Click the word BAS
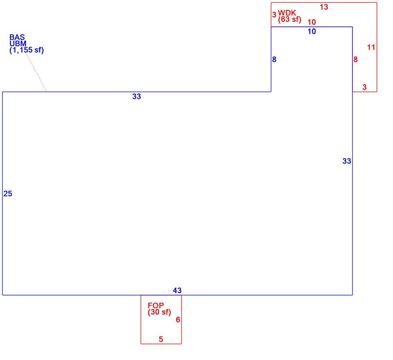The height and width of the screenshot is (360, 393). click(x=17, y=37)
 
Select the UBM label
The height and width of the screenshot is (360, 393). click(x=18, y=44)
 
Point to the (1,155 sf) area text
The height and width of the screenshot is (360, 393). click(x=27, y=50)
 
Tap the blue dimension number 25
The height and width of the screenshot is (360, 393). click(x=8, y=194)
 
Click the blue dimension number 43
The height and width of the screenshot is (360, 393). click(x=177, y=291)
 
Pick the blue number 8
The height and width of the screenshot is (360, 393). click(x=274, y=60)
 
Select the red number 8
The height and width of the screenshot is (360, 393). click(x=356, y=60)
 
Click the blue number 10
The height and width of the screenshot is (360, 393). click(x=312, y=31)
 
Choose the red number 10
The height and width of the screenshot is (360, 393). click(x=312, y=22)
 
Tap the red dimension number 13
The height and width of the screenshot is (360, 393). click(x=324, y=7)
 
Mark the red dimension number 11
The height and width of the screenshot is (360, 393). click(x=371, y=47)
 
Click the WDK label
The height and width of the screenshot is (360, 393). click(x=287, y=13)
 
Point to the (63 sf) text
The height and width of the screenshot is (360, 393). click(x=290, y=19)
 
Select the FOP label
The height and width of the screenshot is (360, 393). click(x=156, y=305)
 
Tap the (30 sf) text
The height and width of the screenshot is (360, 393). click(x=159, y=312)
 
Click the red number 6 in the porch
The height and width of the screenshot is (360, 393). click(x=178, y=320)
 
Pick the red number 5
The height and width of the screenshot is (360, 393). click(x=161, y=339)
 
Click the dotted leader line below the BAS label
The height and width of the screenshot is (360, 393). click(x=36, y=72)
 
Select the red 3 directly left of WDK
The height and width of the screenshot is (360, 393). click(x=274, y=15)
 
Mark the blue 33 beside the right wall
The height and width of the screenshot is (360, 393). click(x=347, y=161)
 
